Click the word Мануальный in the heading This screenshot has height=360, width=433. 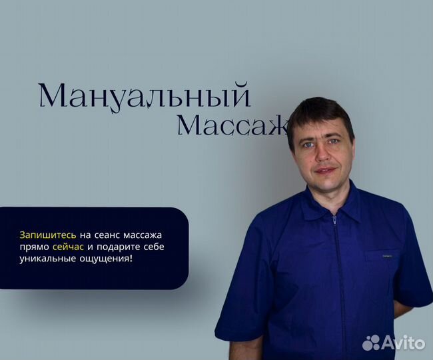(144, 96)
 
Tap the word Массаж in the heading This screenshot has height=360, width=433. (232, 125)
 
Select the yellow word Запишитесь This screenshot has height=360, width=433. (48, 235)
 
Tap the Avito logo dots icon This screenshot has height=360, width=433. (371, 343)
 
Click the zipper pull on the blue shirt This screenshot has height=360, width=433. (334, 218)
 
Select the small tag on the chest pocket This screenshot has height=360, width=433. (387, 253)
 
